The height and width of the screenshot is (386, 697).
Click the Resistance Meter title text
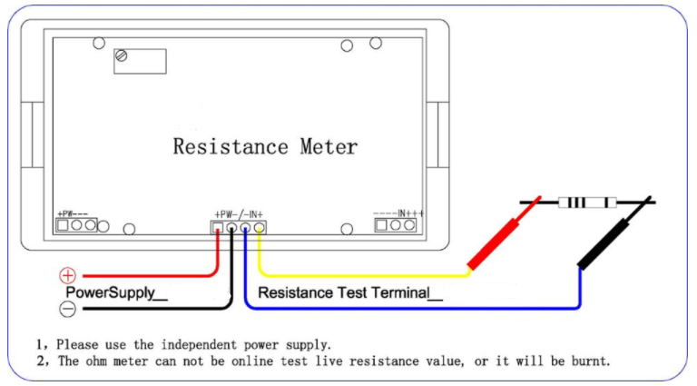265,146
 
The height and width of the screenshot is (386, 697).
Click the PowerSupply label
116,293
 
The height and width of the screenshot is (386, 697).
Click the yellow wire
363,274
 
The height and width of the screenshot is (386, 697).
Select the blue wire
408,309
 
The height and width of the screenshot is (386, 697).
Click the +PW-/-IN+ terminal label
238,213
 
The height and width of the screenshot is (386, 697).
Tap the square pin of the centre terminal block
218,228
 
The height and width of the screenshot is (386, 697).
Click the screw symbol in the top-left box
122,56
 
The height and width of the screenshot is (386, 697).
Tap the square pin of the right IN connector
381,225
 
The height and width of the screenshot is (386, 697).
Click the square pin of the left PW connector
64,224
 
